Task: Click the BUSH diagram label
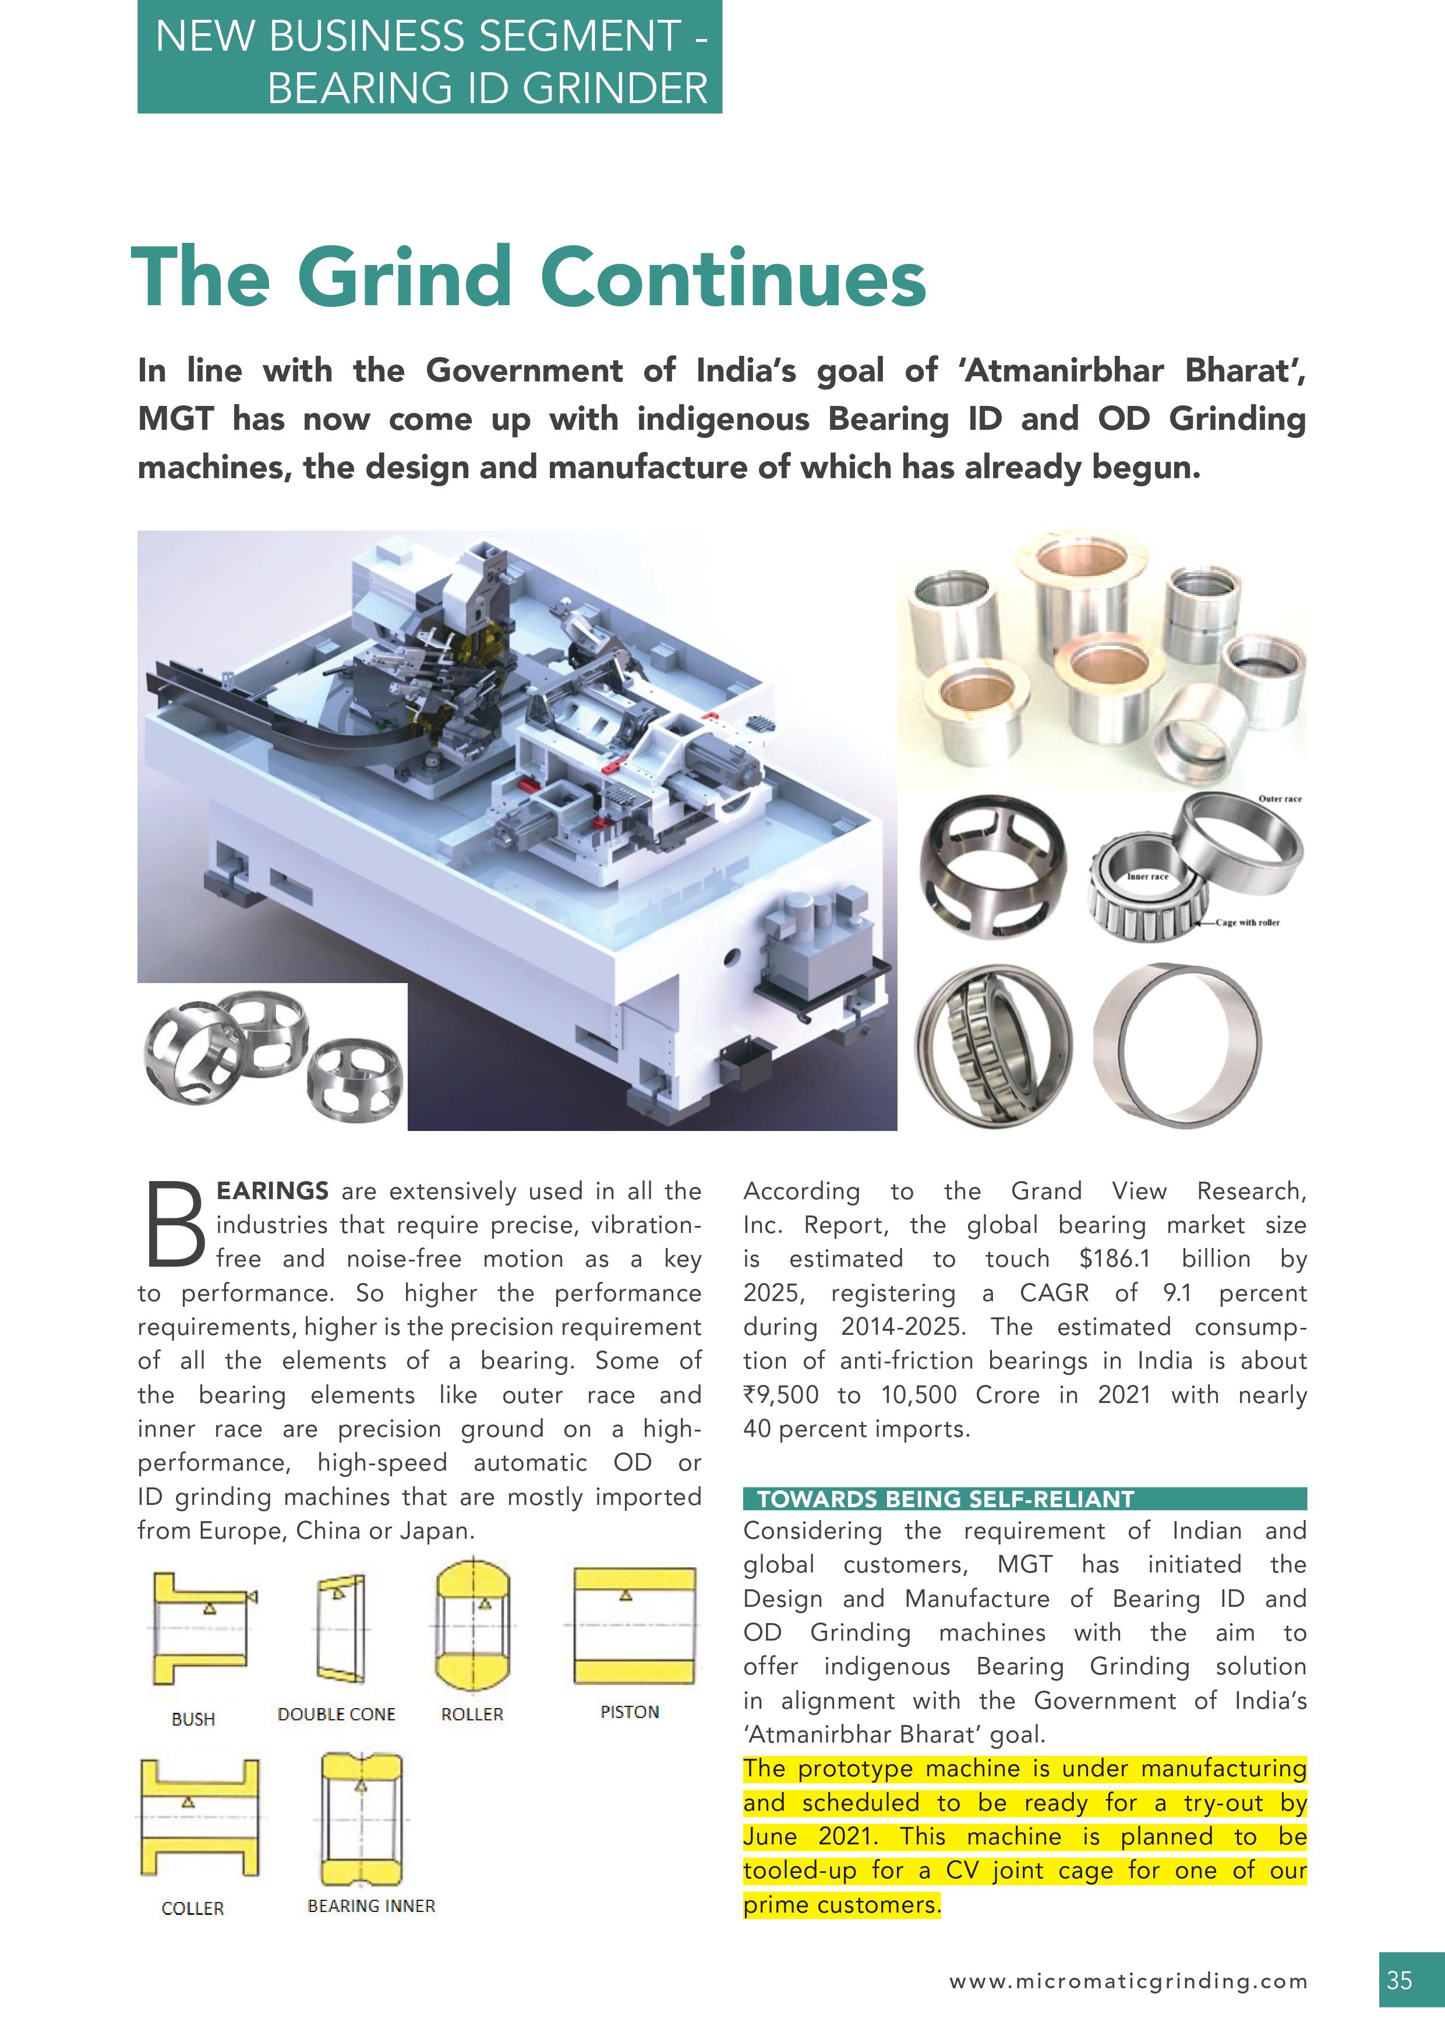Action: click(x=193, y=1719)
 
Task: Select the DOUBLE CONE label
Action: click(x=336, y=1715)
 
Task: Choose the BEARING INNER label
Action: click(x=371, y=1906)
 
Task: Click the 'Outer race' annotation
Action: click(x=1280, y=799)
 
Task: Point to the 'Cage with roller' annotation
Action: click(x=1248, y=922)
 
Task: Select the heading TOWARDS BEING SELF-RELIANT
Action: click(x=945, y=1499)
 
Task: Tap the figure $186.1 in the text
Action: click(x=1114, y=1259)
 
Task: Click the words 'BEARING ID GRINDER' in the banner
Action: click(x=487, y=88)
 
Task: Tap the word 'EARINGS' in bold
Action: click(x=272, y=1190)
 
